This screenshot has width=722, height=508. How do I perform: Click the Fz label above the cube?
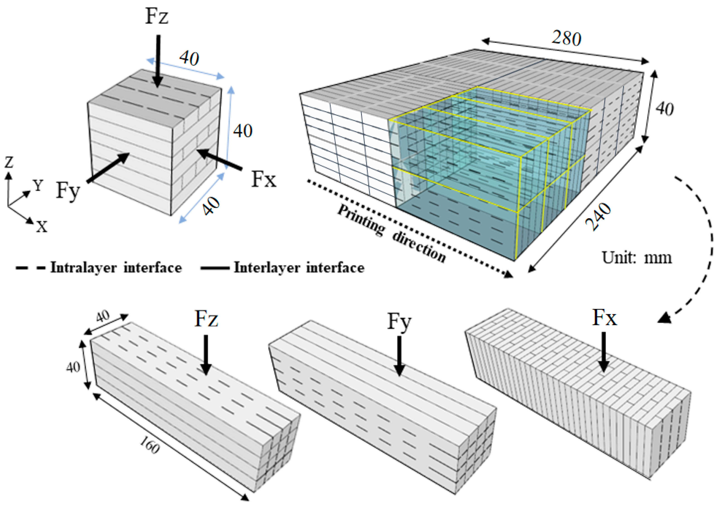coord(157,16)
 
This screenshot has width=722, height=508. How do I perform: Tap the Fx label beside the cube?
coord(264,180)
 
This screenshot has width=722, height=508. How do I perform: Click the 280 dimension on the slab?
coord(566,38)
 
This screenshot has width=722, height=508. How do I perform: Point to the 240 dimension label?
coord(598,217)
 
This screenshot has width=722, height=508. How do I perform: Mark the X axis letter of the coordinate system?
coord(41,226)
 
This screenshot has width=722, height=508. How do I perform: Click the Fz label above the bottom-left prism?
coord(206,319)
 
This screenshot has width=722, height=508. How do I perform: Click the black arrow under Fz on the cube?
coord(158,61)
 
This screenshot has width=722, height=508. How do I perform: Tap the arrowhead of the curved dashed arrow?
coord(664,318)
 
